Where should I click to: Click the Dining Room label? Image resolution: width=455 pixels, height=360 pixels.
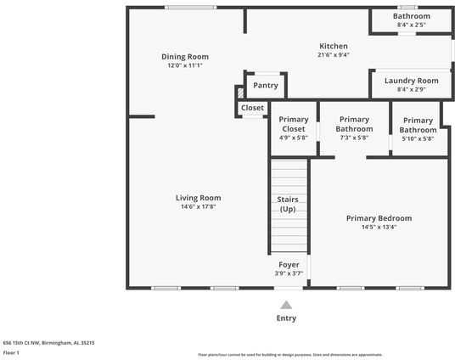click(185, 57)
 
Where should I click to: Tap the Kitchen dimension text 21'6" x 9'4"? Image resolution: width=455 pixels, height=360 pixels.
click(333, 55)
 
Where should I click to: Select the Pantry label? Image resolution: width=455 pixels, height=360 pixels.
click(266, 85)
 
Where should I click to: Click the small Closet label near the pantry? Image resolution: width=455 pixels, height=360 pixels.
click(252, 108)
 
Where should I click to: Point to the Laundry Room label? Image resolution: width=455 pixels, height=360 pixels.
click(411, 81)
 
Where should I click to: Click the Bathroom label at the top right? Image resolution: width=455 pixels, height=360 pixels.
click(411, 16)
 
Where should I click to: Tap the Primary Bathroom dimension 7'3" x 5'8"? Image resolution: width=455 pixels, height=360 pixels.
click(354, 138)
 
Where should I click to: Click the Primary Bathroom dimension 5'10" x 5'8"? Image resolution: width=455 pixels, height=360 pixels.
click(417, 138)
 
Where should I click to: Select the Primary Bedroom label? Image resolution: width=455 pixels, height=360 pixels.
click(379, 218)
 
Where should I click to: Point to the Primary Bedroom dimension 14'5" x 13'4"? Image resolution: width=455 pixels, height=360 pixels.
click(379, 227)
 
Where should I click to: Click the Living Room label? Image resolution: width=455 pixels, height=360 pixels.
click(198, 198)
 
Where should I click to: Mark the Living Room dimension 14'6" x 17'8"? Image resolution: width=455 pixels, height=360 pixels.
click(198, 206)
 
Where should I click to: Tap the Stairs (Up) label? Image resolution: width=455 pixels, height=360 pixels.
click(288, 204)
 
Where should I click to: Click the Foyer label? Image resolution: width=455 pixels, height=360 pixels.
click(288, 265)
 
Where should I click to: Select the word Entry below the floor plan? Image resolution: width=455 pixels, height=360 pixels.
click(286, 318)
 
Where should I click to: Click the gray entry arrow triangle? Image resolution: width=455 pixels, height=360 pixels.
click(286, 305)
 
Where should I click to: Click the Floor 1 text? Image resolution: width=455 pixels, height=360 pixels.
click(12, 352)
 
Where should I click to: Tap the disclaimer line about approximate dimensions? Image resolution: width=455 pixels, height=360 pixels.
click(289, 354)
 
